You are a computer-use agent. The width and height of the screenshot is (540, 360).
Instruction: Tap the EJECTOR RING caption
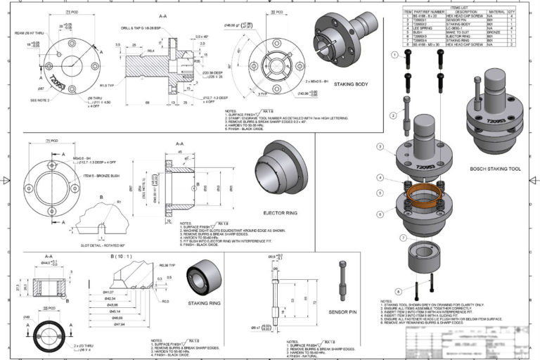coord(283,212)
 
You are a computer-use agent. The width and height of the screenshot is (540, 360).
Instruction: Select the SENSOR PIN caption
coord(345,309)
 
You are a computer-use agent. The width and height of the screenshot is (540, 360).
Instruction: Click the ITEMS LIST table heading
coord(459,6)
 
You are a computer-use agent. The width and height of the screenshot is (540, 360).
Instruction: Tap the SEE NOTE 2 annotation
coord(44,100)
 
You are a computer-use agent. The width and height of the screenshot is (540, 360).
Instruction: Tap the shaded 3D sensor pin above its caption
coord(342,281)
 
